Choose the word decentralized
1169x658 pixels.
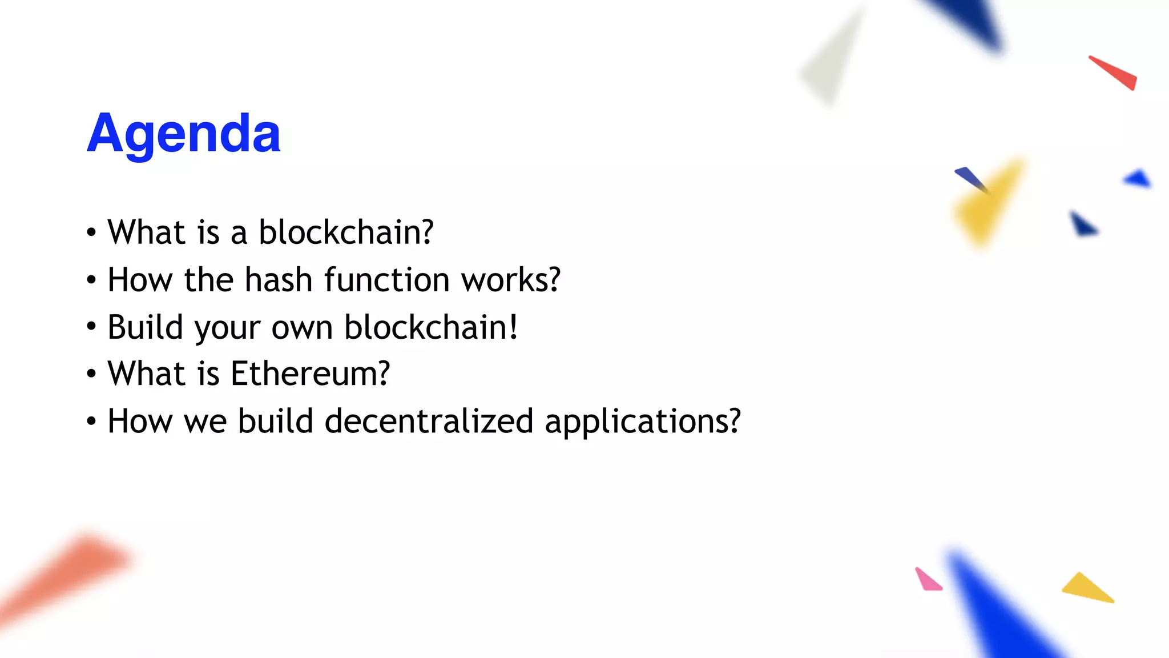tap(429, 421)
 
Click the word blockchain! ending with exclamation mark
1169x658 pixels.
tap(431, 327)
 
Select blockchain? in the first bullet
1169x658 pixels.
tap(346, 232)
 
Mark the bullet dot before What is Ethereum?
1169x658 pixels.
tap(91, 374)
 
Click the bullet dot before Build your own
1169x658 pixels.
tap(91, 327)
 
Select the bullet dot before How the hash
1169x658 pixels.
tap(91, 280)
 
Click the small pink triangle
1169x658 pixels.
tap(927, 580)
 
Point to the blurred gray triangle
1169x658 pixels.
tap(831, 60)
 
